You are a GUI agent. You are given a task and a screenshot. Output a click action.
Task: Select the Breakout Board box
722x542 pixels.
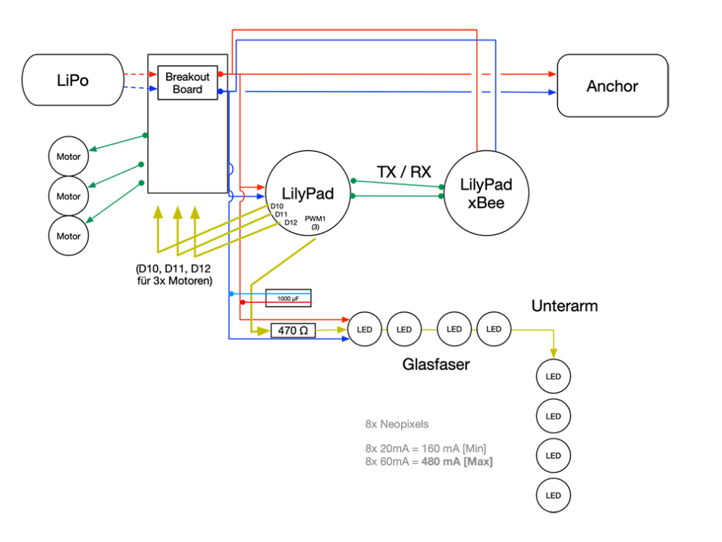(x=187, y=83)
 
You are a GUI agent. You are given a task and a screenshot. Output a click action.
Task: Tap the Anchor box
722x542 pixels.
(x=612, y=86)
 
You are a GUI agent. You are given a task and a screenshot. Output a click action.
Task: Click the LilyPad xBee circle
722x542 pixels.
(x=486, y=193)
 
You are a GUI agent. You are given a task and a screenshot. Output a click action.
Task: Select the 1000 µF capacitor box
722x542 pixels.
(x=288, y=298)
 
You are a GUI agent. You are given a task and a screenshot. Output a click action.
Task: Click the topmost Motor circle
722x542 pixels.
(x=69, y=156)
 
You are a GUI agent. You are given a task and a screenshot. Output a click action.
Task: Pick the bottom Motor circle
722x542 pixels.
(x=69, y=236)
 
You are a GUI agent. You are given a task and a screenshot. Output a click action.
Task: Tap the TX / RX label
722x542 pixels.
(x=403, y=172)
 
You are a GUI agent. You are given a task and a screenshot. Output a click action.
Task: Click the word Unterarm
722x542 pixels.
(x=564, y=306)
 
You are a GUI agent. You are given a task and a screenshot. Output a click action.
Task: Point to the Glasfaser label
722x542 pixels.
(x=435, y=364)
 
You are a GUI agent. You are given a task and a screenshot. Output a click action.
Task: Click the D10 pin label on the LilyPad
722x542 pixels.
(x=277, y=206)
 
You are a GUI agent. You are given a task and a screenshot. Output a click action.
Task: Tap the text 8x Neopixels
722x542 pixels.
(x=397, y=424)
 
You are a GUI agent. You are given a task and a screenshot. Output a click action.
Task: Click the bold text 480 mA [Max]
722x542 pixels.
(x=457, y=462)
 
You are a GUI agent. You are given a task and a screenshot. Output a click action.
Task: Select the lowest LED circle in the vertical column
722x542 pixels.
(x=553, y=495)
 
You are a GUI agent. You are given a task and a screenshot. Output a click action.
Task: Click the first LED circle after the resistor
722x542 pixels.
(x=365, y=330)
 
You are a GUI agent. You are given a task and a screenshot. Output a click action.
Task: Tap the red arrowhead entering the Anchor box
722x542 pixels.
(x=552, y=74)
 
